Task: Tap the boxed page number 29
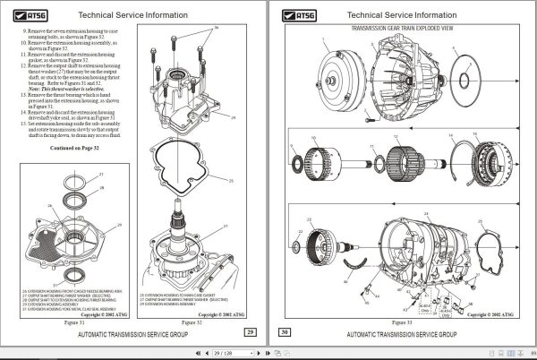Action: [x=251, y=332]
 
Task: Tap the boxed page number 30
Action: [x=285, y=332]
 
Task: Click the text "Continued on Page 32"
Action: [x=77, y=147]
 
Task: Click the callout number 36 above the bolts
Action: [x=216, y=29]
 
